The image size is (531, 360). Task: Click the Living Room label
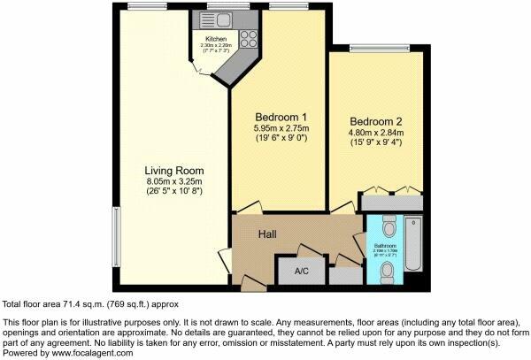click(175, 171)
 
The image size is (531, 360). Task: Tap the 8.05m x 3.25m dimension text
click(175, 182)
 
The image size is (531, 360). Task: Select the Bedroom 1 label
click(281, 119)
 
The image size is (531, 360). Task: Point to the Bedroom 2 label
click(377, 121)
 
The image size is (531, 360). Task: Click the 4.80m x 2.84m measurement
click(377, 134)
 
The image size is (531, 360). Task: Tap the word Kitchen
click(216, 40)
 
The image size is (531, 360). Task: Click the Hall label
click(269, 235)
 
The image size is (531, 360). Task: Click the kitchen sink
click(217, 19)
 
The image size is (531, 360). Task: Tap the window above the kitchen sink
click(218, 6)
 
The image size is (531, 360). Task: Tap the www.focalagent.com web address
click(91, 352)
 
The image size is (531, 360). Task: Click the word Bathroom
click(384, 248)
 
